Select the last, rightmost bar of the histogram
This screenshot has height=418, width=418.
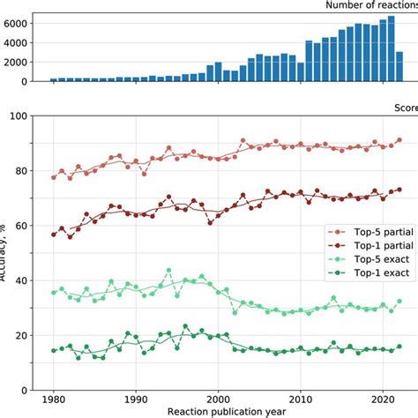point(399,67)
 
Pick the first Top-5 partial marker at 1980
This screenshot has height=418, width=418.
point(54,177)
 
